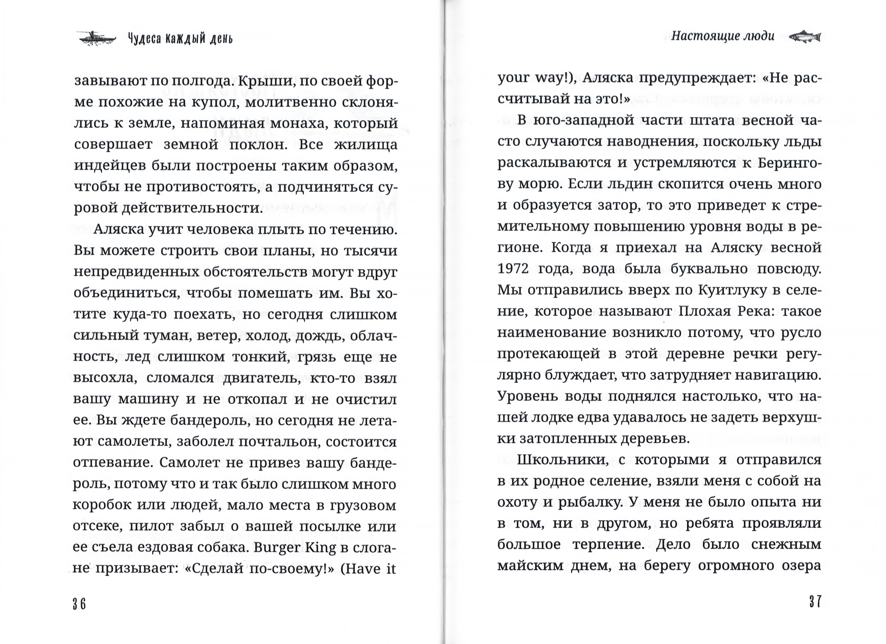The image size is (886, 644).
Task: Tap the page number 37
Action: pyautogui.click(x=815, y=602)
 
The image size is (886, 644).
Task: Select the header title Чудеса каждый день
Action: pyautogui.click(x=180, y=39)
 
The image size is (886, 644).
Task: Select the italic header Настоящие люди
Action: pyautogui.click(x=722, y=36)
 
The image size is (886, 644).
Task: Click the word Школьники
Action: pyautogui.click(x=562, y=460)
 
